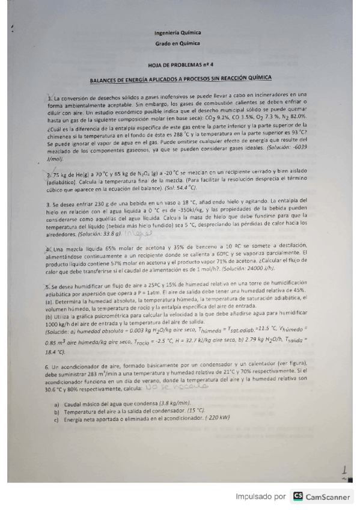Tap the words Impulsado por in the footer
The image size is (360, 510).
point(261,497)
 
